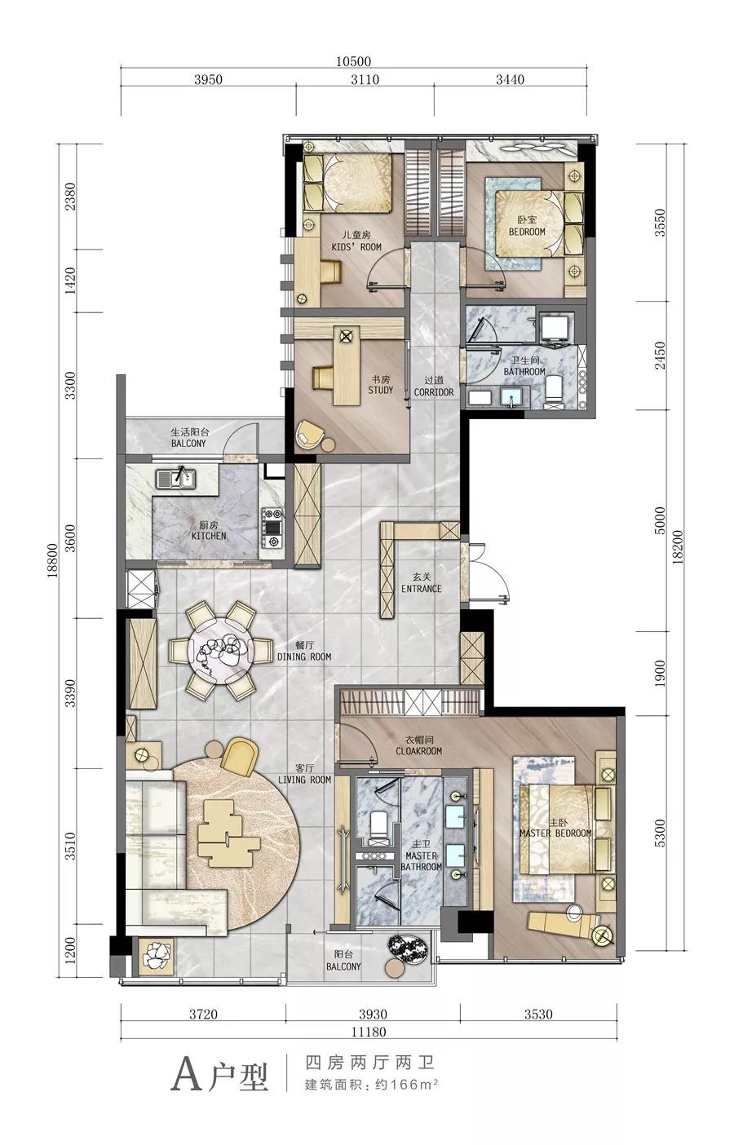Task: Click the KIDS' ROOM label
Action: [356, 246]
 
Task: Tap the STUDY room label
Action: [380, 390]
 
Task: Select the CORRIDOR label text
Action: [433, 392]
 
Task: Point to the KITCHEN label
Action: [209, 536]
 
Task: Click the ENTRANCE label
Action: [421, 588]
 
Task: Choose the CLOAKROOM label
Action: [418, 751]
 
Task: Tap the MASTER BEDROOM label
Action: [555, 833]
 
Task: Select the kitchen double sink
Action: [175, 479]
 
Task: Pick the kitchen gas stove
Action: [272, 527]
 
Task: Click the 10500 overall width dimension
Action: [353, 62]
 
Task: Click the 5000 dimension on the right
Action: [660, 521]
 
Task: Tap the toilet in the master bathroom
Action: [378, 828]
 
